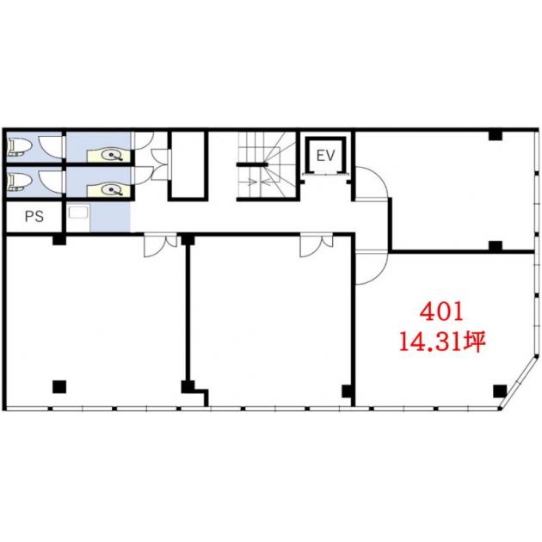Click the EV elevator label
point(325,156)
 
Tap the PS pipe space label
point(34,216)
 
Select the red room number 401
point(441,312)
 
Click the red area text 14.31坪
point(442,342)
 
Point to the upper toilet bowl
point(15,146)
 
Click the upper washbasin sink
point(112,155)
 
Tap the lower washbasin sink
point(112,190)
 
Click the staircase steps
point(266,166)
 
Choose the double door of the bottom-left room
point(160,245)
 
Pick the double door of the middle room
point(317,245)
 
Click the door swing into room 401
point(372,267)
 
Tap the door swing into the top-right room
point(372,183)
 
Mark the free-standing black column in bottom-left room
point(59,387)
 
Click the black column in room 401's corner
point(500,391)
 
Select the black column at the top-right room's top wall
point(496,135)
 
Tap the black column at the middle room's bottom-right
point(348,391)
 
